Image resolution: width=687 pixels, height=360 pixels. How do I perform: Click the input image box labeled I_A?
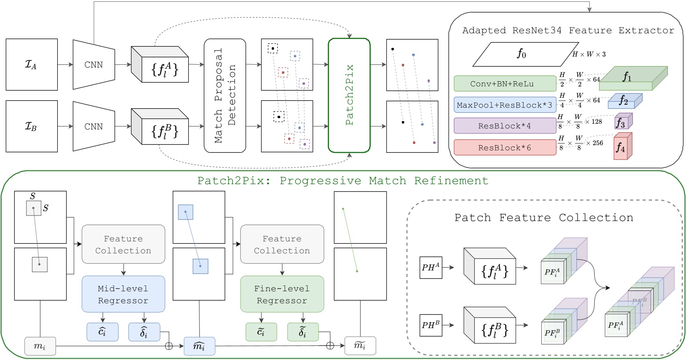32,64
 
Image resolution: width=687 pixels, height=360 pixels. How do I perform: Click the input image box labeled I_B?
32,126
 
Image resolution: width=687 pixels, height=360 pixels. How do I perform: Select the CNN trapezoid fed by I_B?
93,127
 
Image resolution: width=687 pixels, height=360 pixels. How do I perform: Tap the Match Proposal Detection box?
225,95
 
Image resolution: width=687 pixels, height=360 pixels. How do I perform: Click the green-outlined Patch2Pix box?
349,95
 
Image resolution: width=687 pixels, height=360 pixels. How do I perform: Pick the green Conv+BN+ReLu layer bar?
505,83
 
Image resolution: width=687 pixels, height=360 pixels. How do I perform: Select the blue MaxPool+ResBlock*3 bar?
505,105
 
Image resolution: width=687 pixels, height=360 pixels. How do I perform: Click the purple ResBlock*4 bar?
505,126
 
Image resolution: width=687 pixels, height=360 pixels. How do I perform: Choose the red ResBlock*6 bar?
505,147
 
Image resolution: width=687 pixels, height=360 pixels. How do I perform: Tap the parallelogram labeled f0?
520,55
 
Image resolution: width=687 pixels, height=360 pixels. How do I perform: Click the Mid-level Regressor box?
123,294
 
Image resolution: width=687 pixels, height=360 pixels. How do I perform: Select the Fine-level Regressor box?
282,294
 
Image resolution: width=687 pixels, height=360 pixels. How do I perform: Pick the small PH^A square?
431,268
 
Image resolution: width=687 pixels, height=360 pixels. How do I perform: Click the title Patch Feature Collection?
544,218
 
